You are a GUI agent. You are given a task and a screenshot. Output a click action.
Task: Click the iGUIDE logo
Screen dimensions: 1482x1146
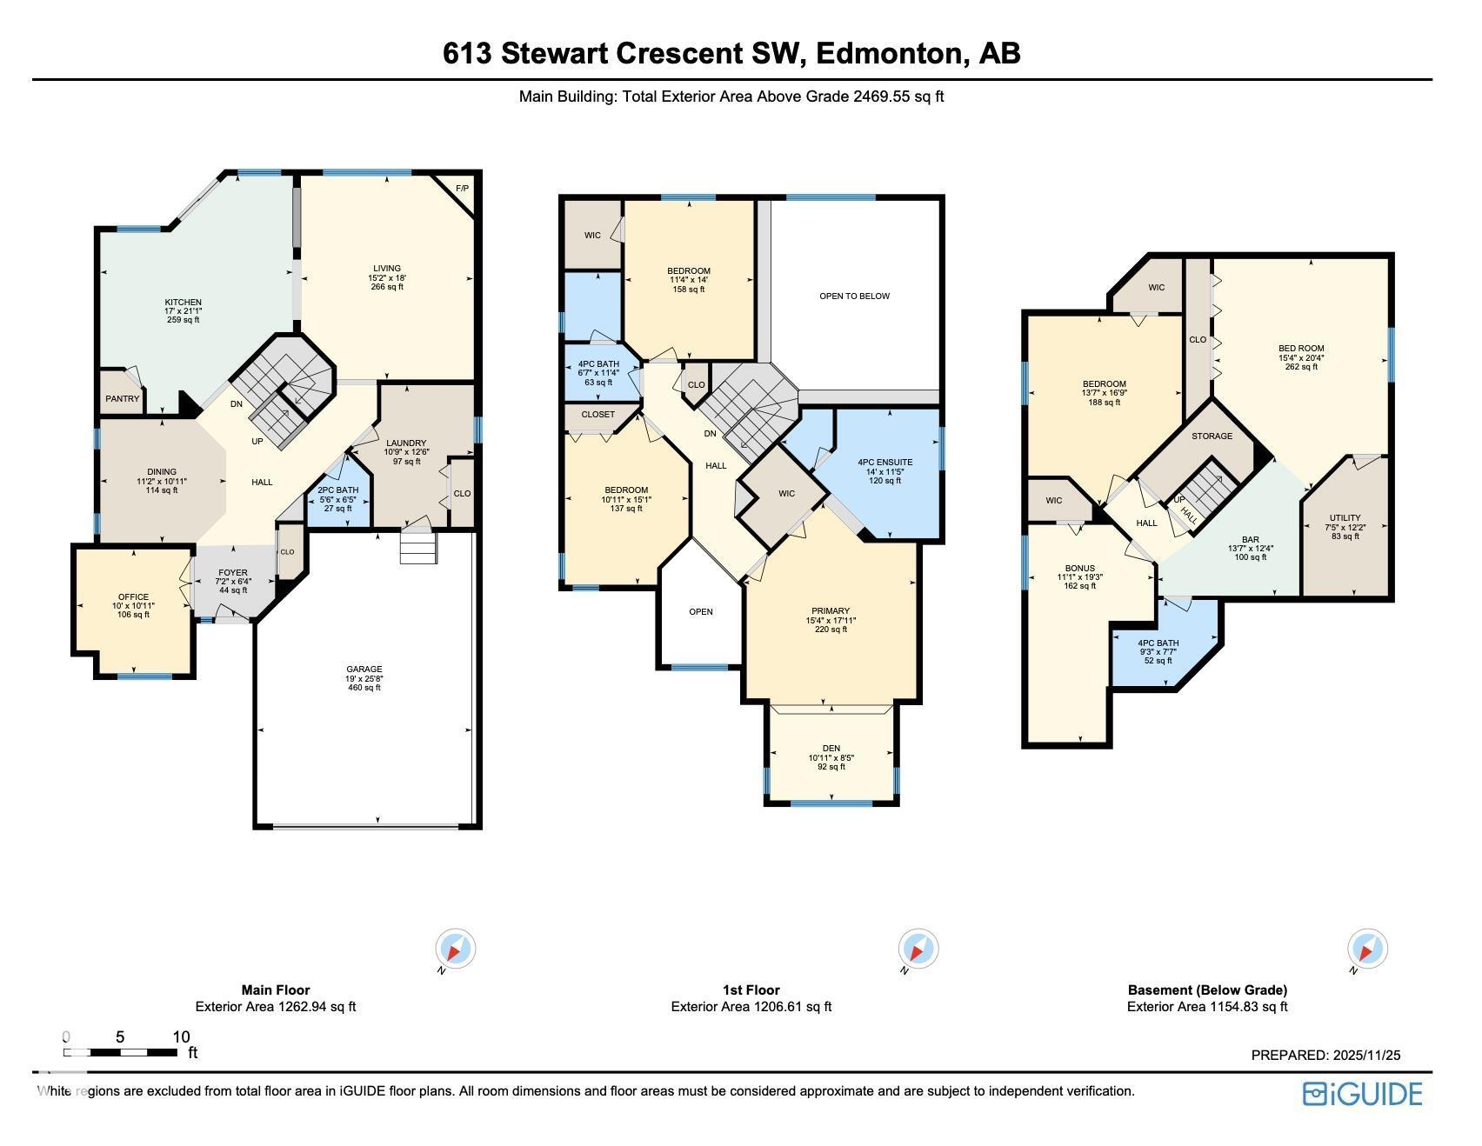[x=1362, y=1093]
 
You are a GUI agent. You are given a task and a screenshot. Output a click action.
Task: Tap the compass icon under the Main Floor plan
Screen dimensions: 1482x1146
[x=455, y=947]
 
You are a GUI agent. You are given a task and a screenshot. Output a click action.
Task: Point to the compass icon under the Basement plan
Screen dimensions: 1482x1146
[x=1367, y=947]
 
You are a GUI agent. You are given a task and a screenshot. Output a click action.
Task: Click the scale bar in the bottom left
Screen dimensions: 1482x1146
[x=121, y=1052]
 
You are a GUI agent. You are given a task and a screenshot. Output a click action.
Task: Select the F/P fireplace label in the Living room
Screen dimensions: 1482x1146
[x=462, y=188]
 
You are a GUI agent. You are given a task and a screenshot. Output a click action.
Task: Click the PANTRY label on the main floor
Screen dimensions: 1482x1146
[x=123, y=399]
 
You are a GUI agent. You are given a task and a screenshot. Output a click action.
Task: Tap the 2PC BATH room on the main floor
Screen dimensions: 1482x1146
[x=339, y=501]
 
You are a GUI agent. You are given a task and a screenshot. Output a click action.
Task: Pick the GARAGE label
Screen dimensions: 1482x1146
[x=364, y=670]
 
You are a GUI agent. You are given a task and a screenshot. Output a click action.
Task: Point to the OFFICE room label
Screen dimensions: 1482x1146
[x=133, y=597]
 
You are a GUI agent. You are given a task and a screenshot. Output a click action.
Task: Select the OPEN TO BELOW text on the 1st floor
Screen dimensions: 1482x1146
[x=854, y=296]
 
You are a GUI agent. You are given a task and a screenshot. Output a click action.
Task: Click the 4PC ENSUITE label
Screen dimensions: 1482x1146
[x=885, y=463]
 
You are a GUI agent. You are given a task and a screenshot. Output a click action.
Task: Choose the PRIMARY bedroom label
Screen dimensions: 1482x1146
[x=831, y=611]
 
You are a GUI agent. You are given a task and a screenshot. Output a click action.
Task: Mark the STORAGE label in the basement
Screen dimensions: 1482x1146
[x=1212, y=436]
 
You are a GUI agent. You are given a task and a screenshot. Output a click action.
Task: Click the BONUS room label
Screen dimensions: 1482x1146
[x=1079, y=569]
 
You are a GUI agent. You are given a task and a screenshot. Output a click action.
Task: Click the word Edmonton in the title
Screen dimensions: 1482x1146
[x=891, y=53]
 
